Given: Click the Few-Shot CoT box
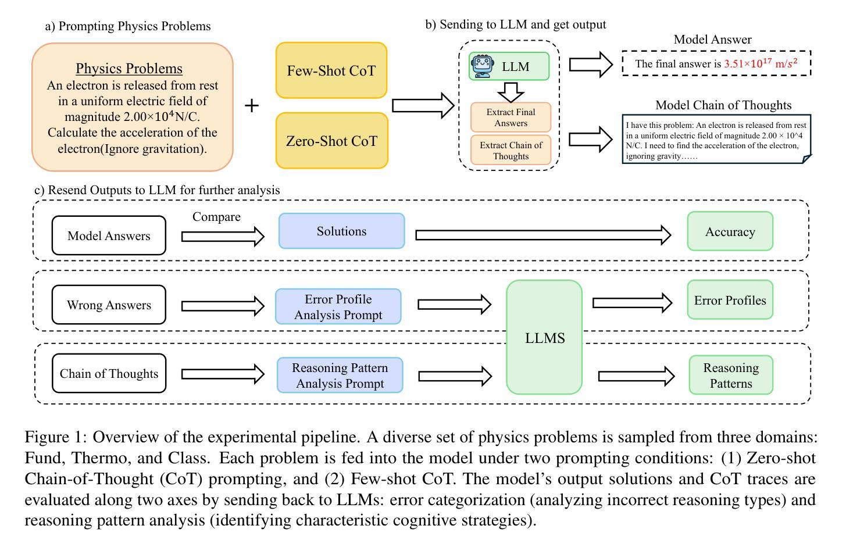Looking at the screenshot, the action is tap(331, 70).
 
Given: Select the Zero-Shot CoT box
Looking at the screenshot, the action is tap(331, 141).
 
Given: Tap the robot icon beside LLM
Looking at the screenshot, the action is tap(483, 66).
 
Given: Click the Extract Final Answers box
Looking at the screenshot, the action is tap(511, 117).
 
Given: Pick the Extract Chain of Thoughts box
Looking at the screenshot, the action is tap(511, 150).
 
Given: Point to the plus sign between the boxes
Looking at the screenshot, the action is tap(252, 105).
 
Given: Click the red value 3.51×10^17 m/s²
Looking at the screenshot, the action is tap(761, 63).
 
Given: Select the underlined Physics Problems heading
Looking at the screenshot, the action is tap(129, 69).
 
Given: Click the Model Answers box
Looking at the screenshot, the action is tap(109, 235).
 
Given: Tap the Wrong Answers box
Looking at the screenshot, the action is tap(109, 305).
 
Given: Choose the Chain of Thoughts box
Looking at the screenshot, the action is tap(109, 373).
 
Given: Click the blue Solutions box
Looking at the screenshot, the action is tap(341, 231).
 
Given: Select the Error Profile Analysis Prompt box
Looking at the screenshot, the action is tap(338, 306).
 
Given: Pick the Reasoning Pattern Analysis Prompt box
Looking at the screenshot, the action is tap(340, 376).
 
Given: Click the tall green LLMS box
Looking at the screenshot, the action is tap(544, 337).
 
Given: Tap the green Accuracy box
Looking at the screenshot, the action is tap(730, 231).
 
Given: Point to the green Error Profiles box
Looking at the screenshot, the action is tap(730, 300).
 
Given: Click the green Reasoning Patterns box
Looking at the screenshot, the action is tap(731, 375).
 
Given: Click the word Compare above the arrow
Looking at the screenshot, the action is tap(216, 217).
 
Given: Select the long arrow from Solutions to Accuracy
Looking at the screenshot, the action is tap(543, 235).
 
